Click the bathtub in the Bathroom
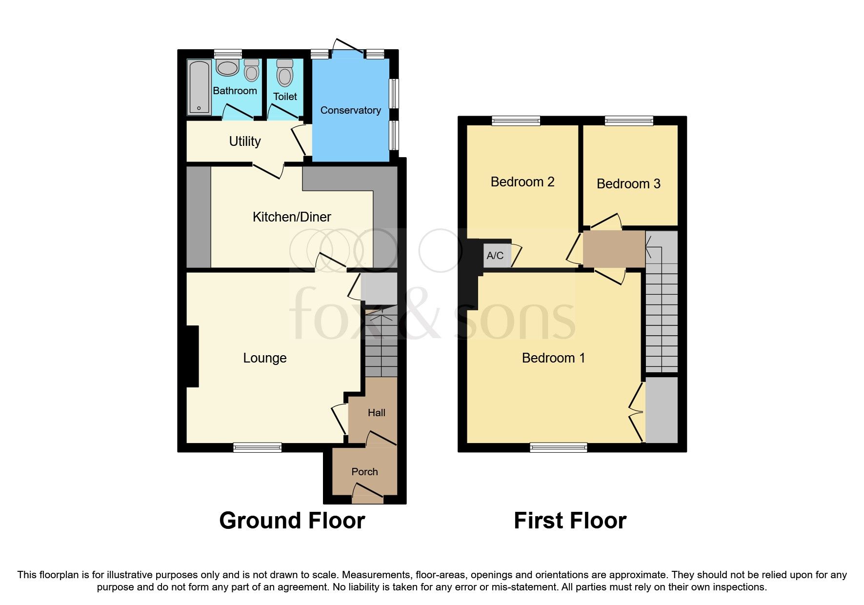[199, 87]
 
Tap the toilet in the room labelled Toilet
[284, 74]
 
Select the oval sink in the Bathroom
[227, 68]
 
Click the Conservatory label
[350, 110]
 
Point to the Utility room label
[245, 141]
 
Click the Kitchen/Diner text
[292, 217]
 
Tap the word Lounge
[264, 358]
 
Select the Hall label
[376, 413]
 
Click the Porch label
[364, 472]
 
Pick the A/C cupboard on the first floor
[495, 256]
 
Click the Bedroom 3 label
[628, 184]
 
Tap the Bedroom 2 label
[522, 182]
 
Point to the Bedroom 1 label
[553, 358]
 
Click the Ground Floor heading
[292, 521]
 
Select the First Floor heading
[570, 521]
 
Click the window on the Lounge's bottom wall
[257, 447]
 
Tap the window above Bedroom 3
[629, 120]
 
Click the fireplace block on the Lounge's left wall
[192, 356]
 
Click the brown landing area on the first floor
[614, 249]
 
